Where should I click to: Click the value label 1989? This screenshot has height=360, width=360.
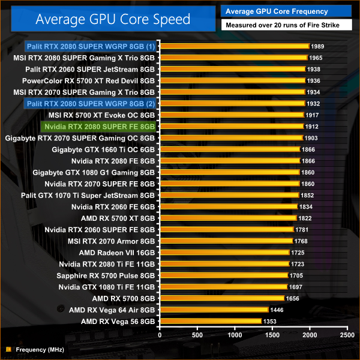pyautogui.click(x=319, y=46)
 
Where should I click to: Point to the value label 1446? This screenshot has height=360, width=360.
pyautogui.click(x=277, y=310)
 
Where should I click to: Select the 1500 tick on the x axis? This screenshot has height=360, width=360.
pyautogui.click(x=272, y=334)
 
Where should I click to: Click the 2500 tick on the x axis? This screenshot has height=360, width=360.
pyautogui.click(x=346, y=334)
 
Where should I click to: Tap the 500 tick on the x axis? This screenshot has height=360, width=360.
pyautogui.click(x=197, y=334)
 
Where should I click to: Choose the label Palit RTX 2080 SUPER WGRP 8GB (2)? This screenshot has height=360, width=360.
pyautogui.click(x=91, y=104)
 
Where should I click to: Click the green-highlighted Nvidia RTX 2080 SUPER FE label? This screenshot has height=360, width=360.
pyautogui.click(x=100, y=127)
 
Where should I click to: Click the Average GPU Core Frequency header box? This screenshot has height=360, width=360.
pyautogui.click(x=275, y=11)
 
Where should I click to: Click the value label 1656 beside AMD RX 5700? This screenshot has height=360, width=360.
pyautogui.click(x=293, y=299)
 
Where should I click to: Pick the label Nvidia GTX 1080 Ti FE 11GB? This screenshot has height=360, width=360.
pyautogui.click(x=107, y=287)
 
